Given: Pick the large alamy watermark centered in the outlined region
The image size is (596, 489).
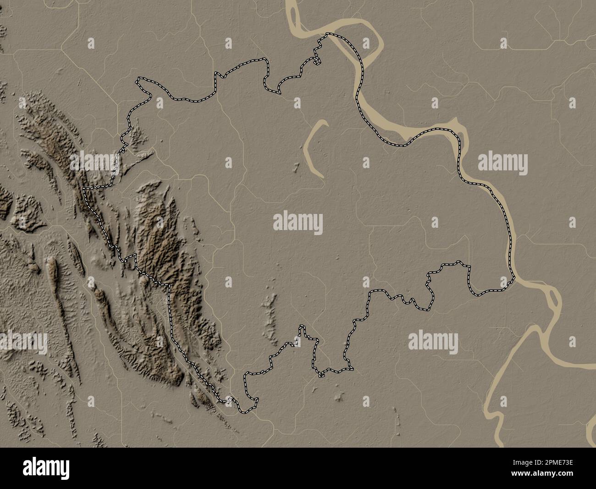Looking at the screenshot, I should tap(298, 223).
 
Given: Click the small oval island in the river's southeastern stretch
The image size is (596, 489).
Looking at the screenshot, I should tap(553, 301).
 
